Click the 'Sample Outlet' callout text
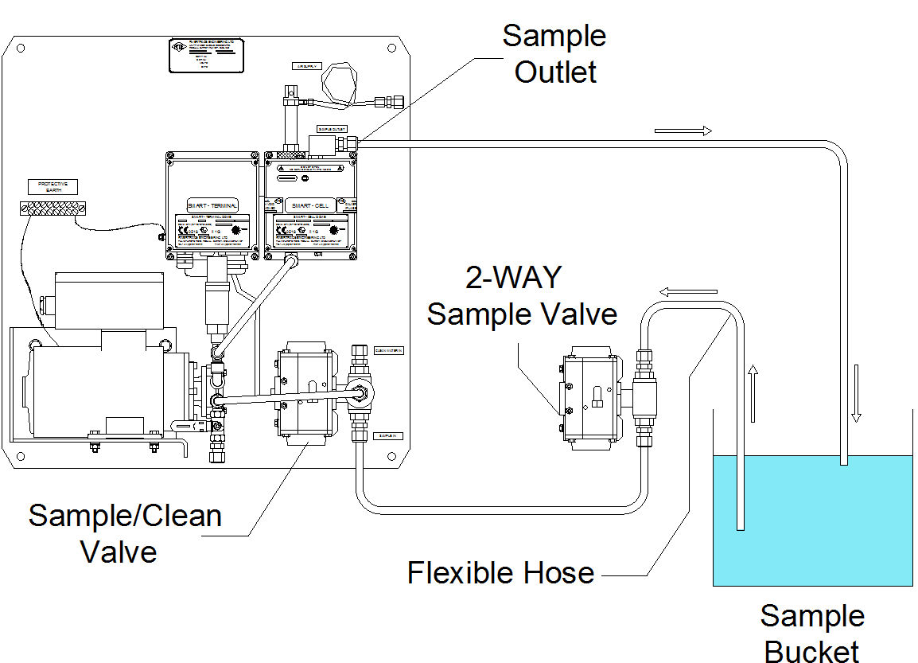(554, 53)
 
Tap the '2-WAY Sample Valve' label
(522, 296)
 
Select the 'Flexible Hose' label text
(500, 573)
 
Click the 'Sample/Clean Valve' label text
(125, 532)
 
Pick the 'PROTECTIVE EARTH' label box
(54, 188)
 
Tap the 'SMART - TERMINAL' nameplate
(212, 205)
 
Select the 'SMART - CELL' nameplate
(312, 205)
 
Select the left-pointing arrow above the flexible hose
(689, 292)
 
